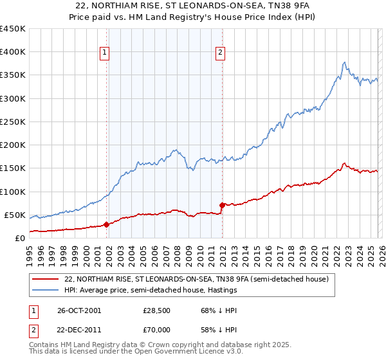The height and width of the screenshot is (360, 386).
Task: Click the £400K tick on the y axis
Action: coord(14,52)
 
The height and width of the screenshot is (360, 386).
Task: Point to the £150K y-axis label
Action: coord(14,168)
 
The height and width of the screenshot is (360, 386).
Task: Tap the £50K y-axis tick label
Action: coord(16,215)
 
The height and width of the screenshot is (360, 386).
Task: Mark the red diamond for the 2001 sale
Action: coord(107,224)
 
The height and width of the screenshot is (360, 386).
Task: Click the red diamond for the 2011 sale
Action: coord(222,205)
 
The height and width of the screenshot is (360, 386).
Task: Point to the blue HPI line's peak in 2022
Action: coord(345,62)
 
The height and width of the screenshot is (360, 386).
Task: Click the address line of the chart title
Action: coord(193,5)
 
